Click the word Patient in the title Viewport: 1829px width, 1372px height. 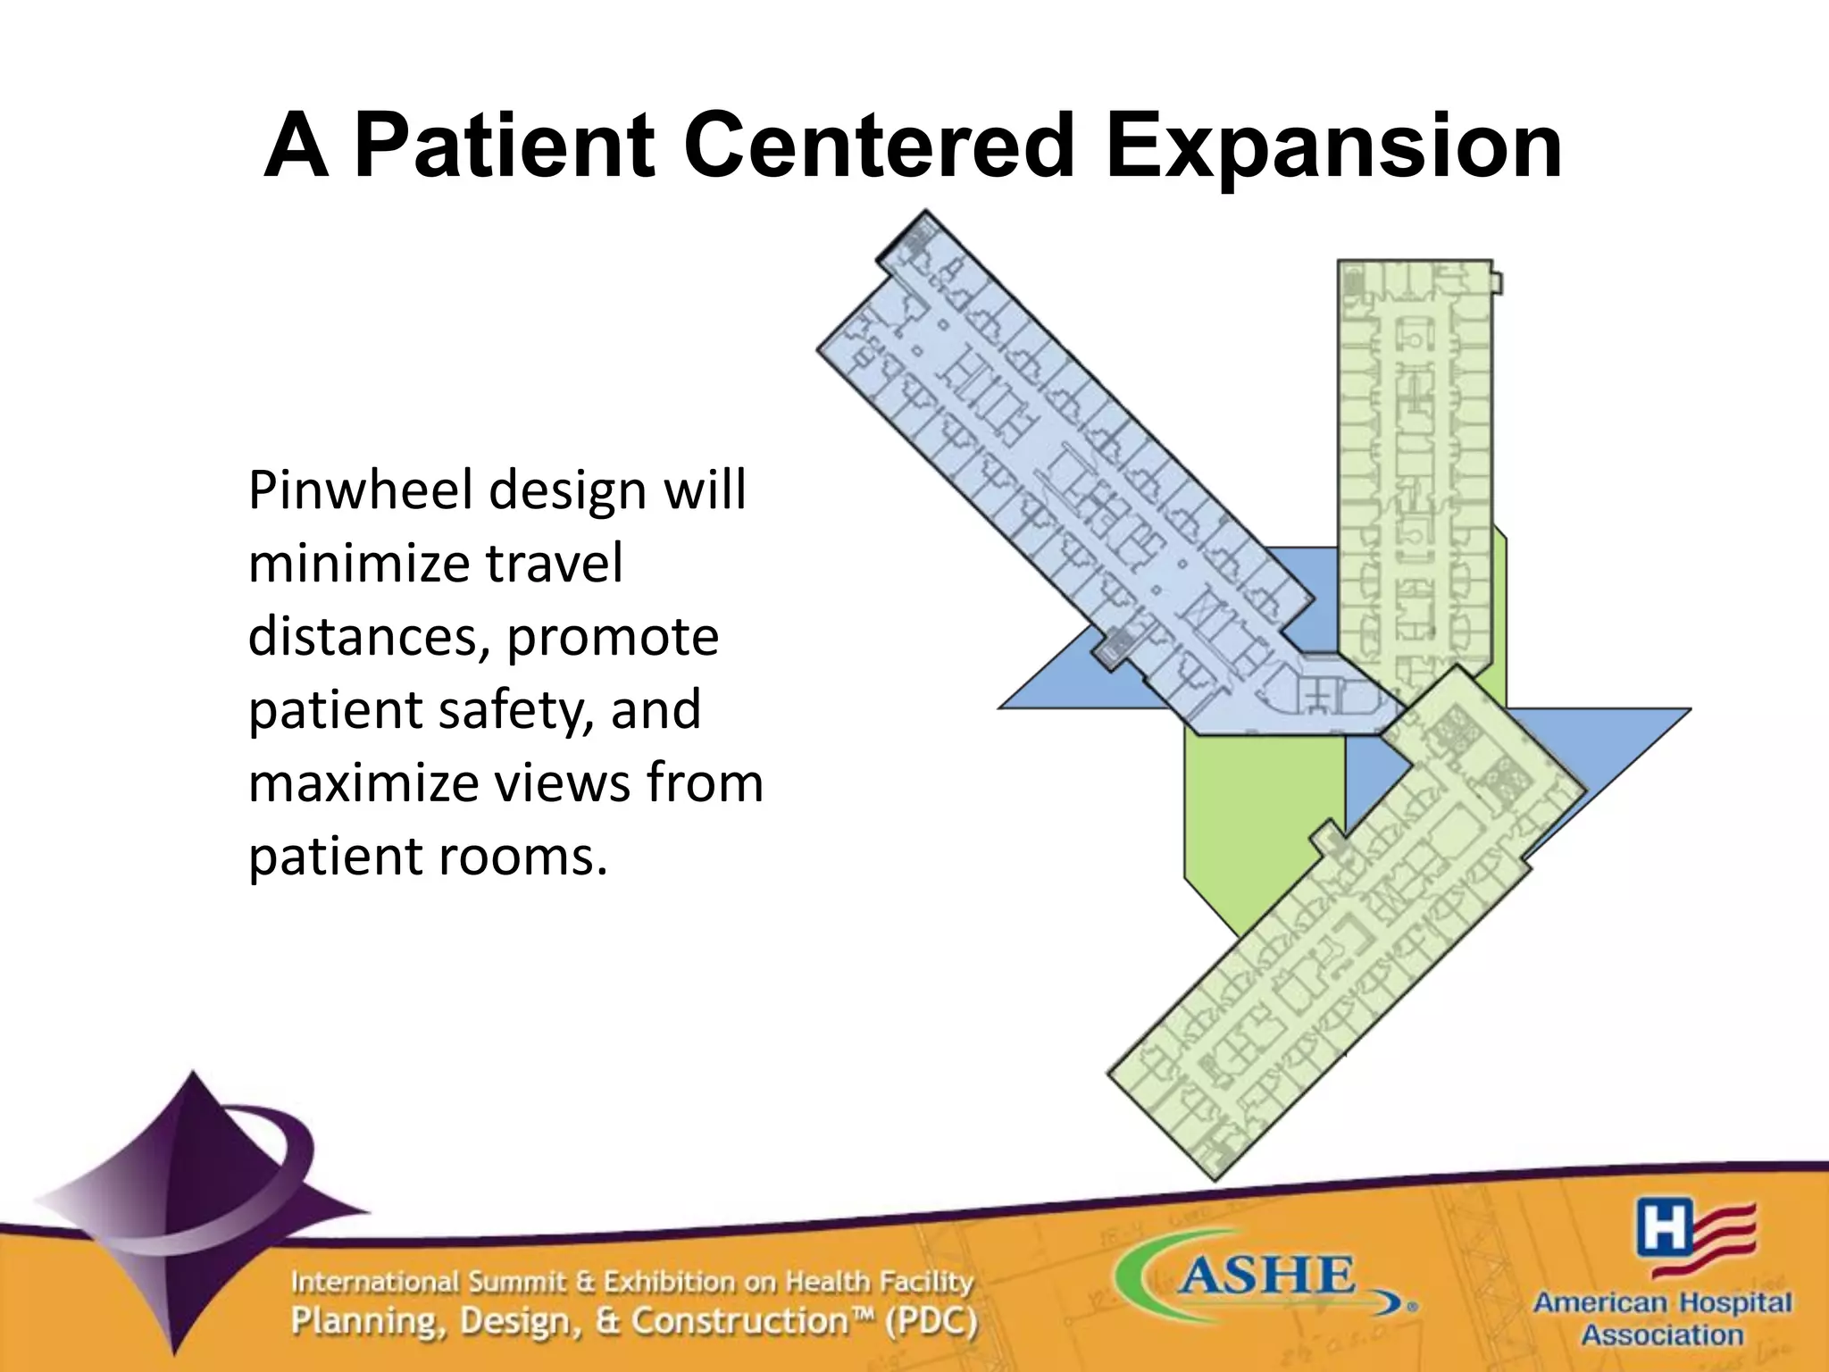tap(505, 146)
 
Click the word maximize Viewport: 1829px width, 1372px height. tap(362, 783)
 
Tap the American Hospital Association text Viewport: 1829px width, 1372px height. tap(1662, 1318)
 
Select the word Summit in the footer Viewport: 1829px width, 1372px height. tap(518, 1283)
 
